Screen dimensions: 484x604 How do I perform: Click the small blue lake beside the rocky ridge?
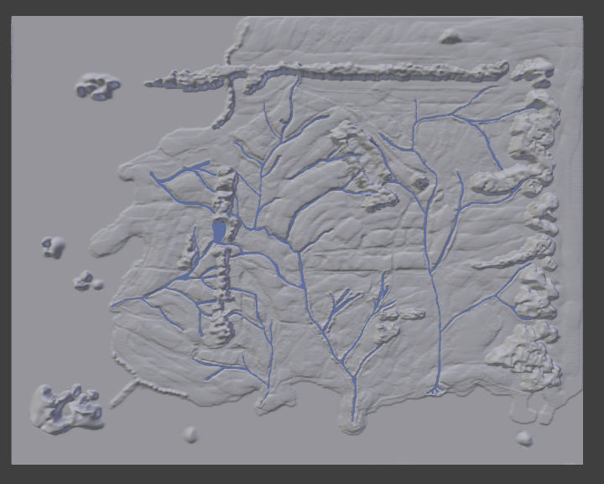pyautogui.click(x=219, y=232)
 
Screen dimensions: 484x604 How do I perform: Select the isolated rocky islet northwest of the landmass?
pyautogui.click(x=97, y=85)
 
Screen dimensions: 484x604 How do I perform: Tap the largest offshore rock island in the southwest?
pyautogui.click(x=65, y=408)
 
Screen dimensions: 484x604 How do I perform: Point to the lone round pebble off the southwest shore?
pyautogui.click(x=190, y=434)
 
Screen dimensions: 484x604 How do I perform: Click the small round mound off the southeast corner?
pyautogui.click(x=524, y=438)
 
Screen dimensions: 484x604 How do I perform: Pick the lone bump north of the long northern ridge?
pyautogui.click(x=450, y=36)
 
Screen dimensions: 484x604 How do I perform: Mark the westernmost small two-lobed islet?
pyautogui.click(x=54, y=246)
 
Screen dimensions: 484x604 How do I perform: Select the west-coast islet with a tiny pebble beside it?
pyautogui.click(x=84, y=280)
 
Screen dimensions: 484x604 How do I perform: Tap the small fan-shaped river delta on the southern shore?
pyautogui.click(x=435, y=390)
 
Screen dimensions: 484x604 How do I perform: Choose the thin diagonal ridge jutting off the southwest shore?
pyautogui.click(x=124, y=392)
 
